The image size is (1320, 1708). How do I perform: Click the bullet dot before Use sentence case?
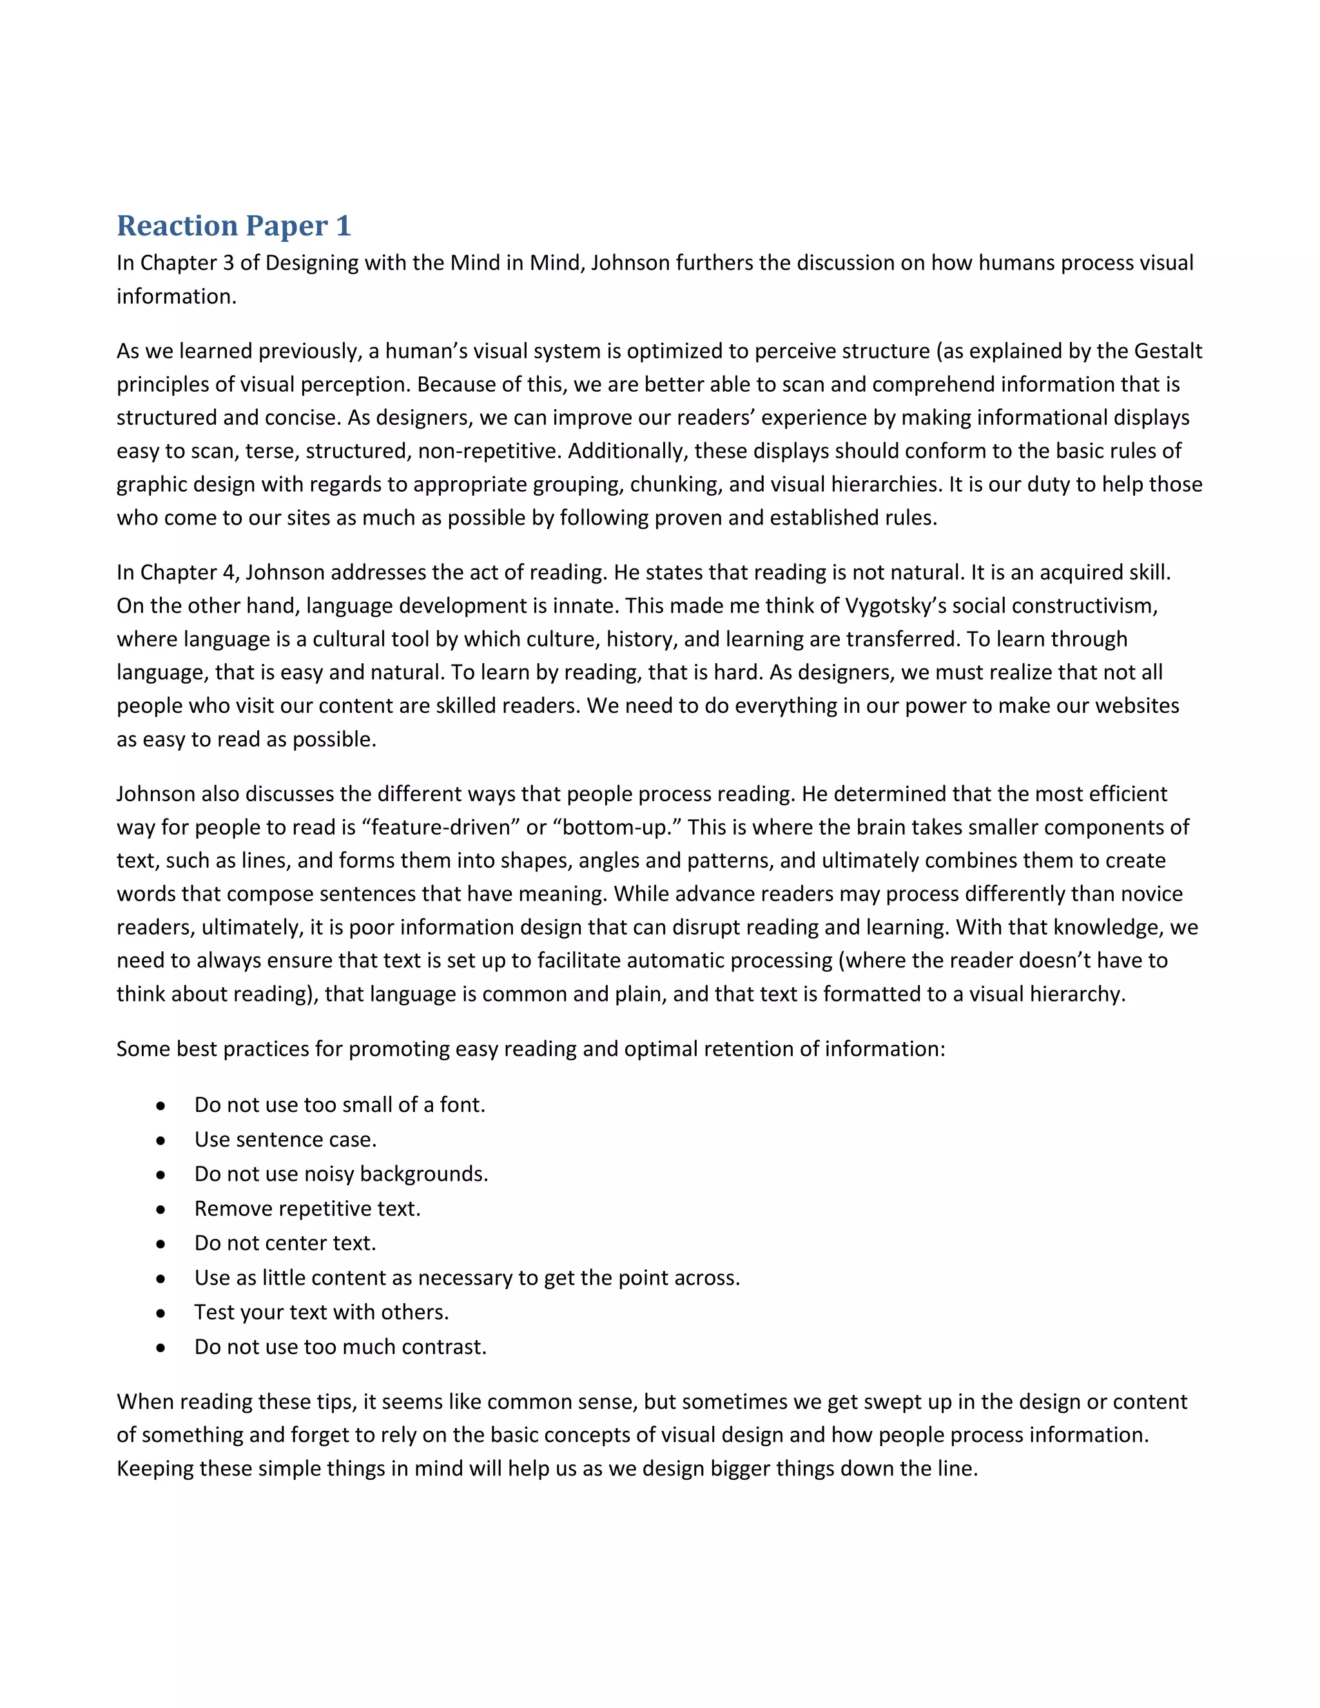coord(160,1140)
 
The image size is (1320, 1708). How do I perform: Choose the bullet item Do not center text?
coord(286,1243)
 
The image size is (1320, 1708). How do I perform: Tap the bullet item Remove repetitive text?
coord(307,1208)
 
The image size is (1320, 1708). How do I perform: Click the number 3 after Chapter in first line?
coord(228,263)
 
